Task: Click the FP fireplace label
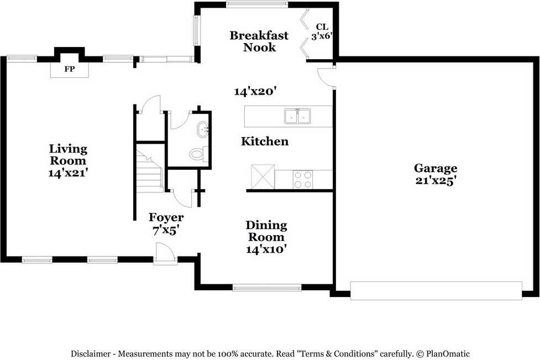(70, 70)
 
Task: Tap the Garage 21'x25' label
(436, 174)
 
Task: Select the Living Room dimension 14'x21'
(68, 173)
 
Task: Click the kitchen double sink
(297, 116)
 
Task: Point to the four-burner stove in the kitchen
(302, 180)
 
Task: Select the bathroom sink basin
(202, 130)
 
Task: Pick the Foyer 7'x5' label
(166, 224)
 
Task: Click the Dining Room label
(266, 231)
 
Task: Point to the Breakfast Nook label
(259, 41)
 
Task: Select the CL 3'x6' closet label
(322, 32)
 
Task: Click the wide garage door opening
(436, 290)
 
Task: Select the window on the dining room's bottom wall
(267, 287)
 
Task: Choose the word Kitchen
(265, 142)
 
